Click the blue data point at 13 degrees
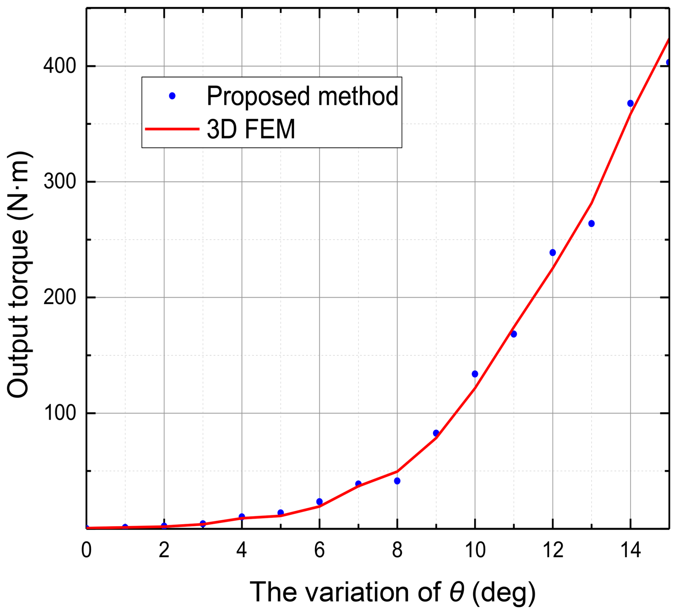(x=591, y=224)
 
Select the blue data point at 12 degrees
(x=552, y=252)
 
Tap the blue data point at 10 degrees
(x=475, y=374)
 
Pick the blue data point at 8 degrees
(x=397, y=481)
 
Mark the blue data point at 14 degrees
(x=630, y=103)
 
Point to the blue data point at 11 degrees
(x=513, y=334)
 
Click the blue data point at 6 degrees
(x=320, y=502)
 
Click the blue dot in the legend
(x=172, y=96)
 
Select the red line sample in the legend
(x=172, y=129)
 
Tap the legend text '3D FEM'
(x=251, y=129)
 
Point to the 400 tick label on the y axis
(x=59, y=66)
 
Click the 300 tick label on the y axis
(x=59, y=182)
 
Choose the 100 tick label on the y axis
(x=59, y=413)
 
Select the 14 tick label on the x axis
(x=630, y=550)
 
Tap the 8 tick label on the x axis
(x=397, y=550)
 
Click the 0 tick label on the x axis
(x=86, y=550)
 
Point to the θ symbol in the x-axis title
(x=457, y=592)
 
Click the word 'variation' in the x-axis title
(x=358, y=592)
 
